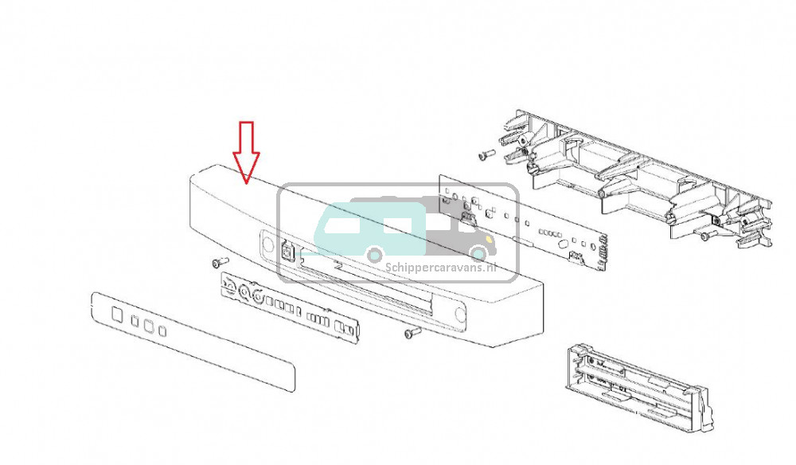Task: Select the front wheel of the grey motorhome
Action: point(478,254)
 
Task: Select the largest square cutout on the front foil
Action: point(117,315)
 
